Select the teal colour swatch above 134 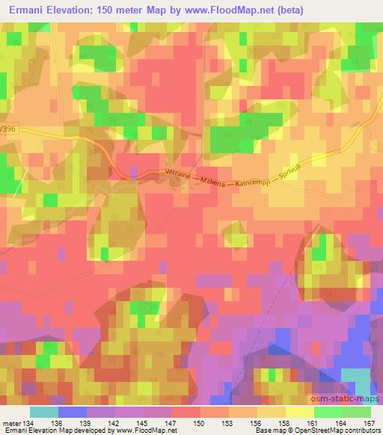[x=44, y=412]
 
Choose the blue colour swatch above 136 [x=73, y=412]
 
